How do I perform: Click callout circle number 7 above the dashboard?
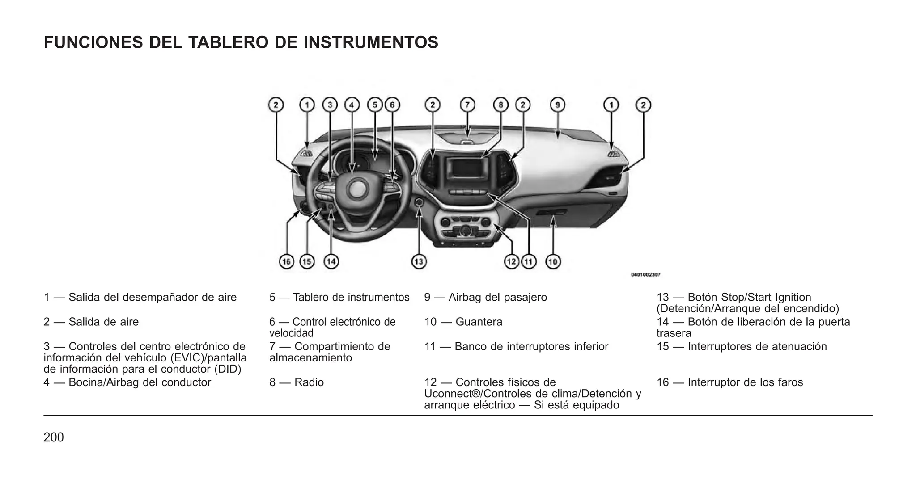click(x=467, y=105)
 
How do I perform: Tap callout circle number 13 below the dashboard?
click(x=419, y=261)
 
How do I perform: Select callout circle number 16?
click(x=286, y=261)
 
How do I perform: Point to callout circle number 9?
click(x=557, y=105)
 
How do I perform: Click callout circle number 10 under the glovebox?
click(x=553, y=261)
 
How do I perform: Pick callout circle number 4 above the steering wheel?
click(x=352, y=105)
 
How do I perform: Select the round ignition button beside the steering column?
click(x=419, y=202)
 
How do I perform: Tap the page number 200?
click(x=54, y=437)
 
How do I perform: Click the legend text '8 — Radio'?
click(x=297, y=382)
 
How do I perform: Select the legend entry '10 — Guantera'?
click(x=463, y=322)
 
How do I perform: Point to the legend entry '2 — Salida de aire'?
click(x=91, y=322)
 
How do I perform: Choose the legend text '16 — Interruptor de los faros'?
click(x=729, y=382)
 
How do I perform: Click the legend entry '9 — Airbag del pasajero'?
click(x=485, y=297)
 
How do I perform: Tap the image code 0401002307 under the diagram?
click(x=645, y=275)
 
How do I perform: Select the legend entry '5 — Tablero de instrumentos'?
click(x=339, y=297)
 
